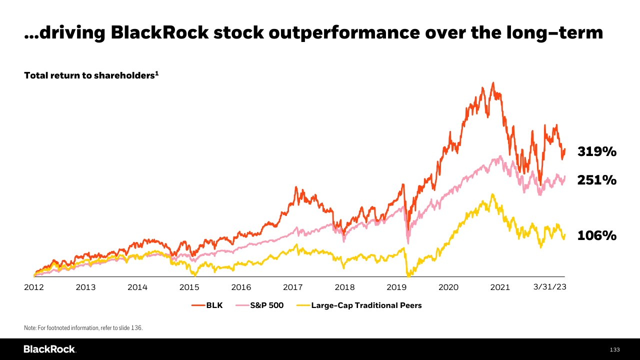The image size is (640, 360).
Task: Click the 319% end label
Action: pyautogui.click(x=597, y=151)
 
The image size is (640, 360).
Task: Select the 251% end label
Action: pyautogui.click(x=597, y=180)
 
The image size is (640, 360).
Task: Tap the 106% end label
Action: pyautogui.click(x=597, y=235)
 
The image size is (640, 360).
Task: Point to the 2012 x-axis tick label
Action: pyautogui.click(x=34, y=287)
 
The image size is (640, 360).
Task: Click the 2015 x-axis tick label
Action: pyautogui.click(x=189, y=287)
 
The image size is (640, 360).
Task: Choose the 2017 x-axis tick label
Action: pyautogui.click(x=293, y=287)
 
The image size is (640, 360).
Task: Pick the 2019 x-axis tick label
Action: pyautogui.click(x=396, y=287)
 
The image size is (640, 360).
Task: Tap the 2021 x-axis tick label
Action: pyautogui.click(x=500, y=287)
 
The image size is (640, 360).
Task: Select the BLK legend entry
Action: pyautogui.click(x=214, y=305)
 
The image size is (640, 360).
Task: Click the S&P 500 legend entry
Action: pyautogui.click(x=266, y=305)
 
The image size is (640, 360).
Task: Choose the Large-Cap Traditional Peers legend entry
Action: pyautogui.click(x=366, y=305)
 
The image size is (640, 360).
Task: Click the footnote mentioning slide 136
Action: pyautogui.click(x=83, y=328)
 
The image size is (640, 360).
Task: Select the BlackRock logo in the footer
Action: pyautogui.click(x=49, y=349)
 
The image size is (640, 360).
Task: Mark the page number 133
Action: pyautogui.click(x=614, y=349)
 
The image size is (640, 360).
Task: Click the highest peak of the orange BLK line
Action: pyautogui.click(x=493, y=82)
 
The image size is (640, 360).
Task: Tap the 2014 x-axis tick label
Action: pyautogui.click(x=137, y=287)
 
